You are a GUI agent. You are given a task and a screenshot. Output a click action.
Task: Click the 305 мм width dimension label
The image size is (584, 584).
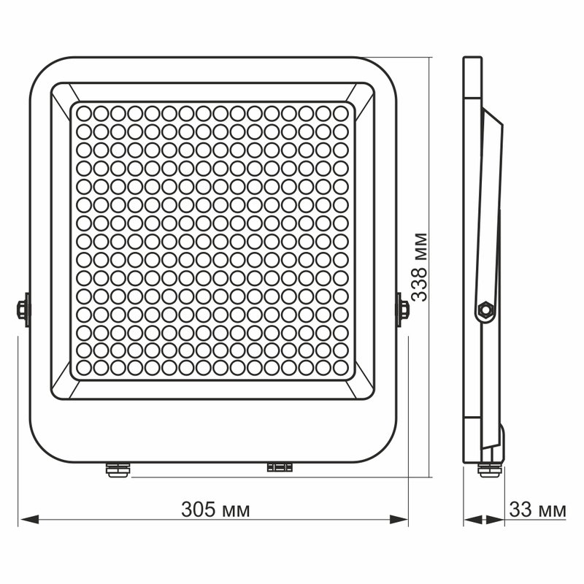[215, 510]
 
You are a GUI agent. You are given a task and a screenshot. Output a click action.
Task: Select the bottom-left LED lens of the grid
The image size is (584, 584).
[82, 366]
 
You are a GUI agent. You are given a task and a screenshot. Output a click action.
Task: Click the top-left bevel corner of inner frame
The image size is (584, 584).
[61, 92]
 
